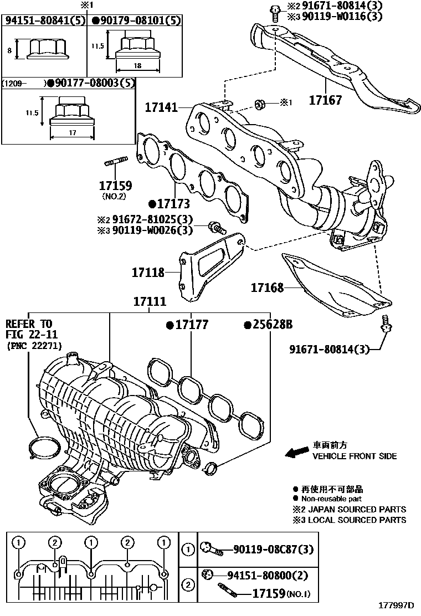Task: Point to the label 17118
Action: (148, 272)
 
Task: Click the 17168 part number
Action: (267, 288)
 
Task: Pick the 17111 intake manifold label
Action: (150, 302)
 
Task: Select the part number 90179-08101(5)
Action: (136, 22)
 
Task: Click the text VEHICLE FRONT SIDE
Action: (355, 456)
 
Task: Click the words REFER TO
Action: (29, 324)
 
